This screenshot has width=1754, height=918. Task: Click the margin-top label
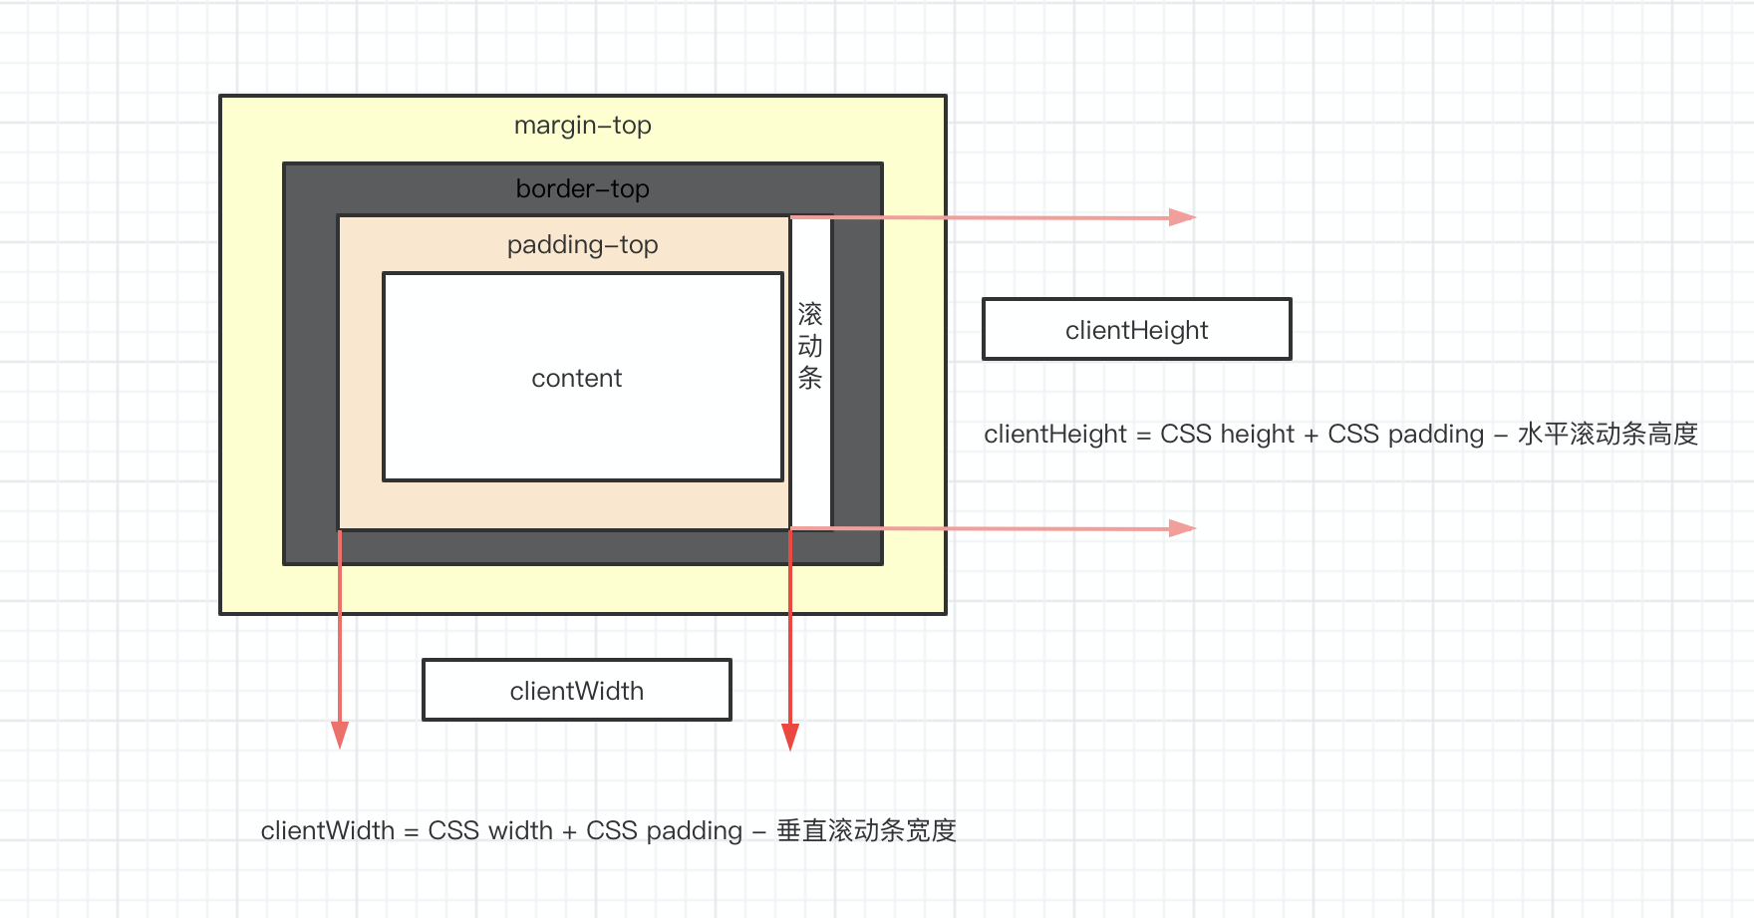583,126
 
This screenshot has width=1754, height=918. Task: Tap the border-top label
583,188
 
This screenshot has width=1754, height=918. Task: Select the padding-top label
583,245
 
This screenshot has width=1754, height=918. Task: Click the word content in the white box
577,379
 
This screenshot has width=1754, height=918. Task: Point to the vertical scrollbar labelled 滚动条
811,373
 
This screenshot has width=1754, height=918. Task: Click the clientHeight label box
1137,329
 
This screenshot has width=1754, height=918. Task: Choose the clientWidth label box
577,690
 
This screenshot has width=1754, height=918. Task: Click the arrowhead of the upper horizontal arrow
1182,217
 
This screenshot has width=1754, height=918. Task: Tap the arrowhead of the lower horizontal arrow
1182,528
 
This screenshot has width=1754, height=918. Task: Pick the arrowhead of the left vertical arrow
340,736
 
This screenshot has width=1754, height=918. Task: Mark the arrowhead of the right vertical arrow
790,737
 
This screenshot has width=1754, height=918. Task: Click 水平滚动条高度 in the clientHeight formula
1608,435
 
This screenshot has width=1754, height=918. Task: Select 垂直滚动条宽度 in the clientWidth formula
867,830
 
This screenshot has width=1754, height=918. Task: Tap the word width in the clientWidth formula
520,830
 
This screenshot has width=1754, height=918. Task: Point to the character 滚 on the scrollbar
810,315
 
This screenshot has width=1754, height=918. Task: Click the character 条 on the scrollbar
810,378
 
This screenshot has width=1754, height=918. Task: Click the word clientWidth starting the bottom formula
328,830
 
